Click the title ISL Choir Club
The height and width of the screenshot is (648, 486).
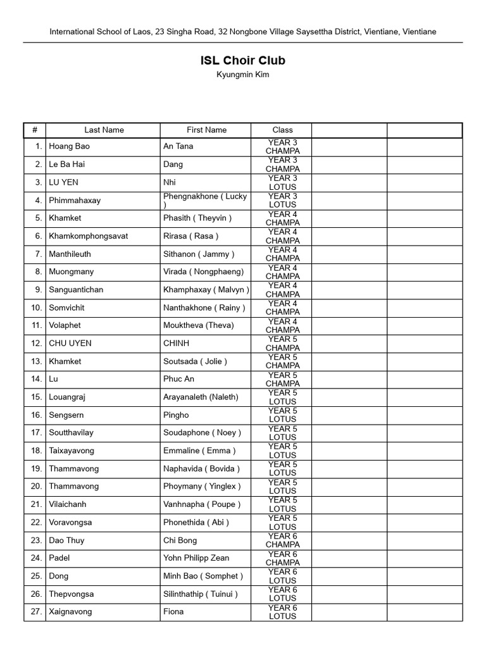pyautogui.click(x=243, y=61)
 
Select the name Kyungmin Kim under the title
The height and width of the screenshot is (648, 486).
pyautogui.click(x=243, y=75)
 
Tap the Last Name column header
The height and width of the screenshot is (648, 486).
pyautogui.click(x=104, y=130)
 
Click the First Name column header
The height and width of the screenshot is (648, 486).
pyautogui.click(x=206, y=130)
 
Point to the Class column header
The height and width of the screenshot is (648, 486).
pyautogui.click(x=282, y=130)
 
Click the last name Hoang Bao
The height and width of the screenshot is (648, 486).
pyautogui.click(x=70, y=146)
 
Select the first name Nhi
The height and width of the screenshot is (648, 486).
pyautogui.click(x=170, y=182)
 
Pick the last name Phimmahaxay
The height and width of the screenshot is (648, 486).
pyautogui.click(x=75, y=200)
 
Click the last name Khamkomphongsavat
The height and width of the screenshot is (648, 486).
pyautogui.click(x=89, y=236)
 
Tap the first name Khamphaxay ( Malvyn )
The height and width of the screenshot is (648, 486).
pyautogui.click(x=206, y=290)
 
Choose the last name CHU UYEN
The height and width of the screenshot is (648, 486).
pyautogui.click(x=70, y=343)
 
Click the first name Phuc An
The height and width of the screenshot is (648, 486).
pyautogui.click(x=178, y=379)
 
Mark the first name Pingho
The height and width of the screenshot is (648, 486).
pyautogui.click(x=176, y=415)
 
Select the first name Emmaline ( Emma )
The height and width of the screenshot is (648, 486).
pyautogui.click(x=199, y=451)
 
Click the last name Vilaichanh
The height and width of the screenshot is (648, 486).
pyautogui.click(x=68, y=504)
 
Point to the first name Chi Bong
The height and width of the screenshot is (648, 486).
pyautogui.click(x=180, y=540)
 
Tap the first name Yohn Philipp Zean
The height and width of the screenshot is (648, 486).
pyautogui.click(x=196, y=558)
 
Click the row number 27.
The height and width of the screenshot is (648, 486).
pyautogui.click(x=36, y=612)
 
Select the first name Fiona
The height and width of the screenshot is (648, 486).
pyautogui.click(x=173, y=612)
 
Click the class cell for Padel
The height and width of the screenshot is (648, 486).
pyautogui.click(x=282, y=558)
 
